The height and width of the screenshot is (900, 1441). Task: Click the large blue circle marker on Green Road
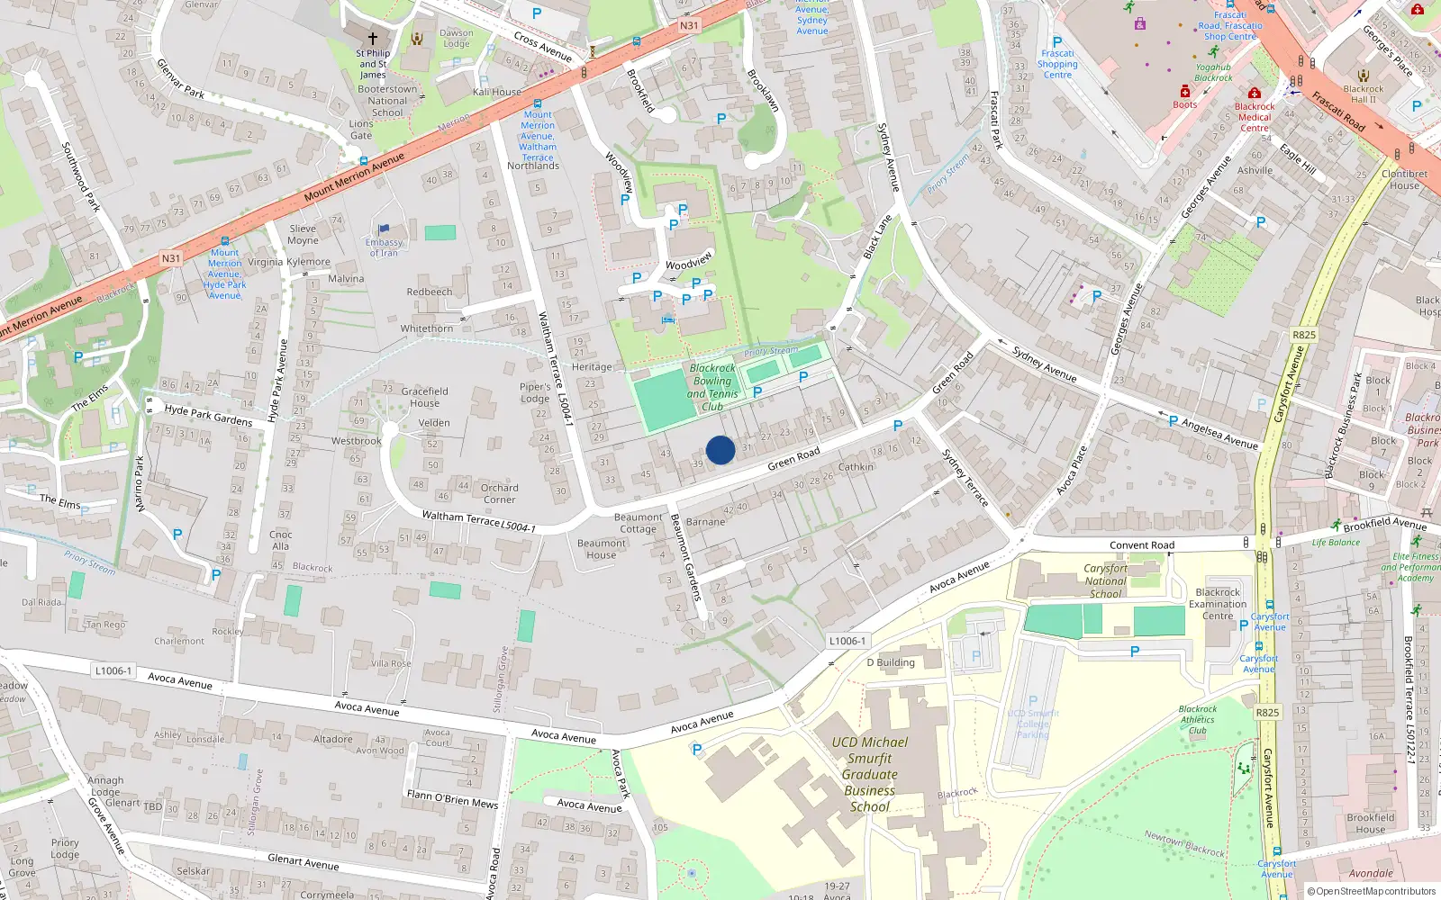click(x=720, y=450)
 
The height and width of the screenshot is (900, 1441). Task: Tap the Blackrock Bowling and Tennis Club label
click(x=712, y=387)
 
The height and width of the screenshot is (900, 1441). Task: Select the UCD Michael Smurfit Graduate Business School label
click(x=869, y=774)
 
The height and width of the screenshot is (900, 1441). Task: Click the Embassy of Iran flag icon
click(x=385, y=230)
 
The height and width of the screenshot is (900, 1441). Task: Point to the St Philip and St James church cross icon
click(x=372, y=39)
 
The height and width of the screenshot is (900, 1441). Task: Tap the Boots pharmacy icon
click(x=1185, y=92)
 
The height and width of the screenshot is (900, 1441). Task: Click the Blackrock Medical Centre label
click(x=1255, y=117)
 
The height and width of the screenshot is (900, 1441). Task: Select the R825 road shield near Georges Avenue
click(x=1304, y=335)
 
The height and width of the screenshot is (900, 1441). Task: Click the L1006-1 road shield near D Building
click(x=847, y=641)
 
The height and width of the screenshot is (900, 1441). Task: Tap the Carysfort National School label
click(x=1105, y=580)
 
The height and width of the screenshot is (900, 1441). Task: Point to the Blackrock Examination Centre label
click(x=1218, y=604)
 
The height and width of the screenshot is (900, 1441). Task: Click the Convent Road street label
click(x=1142, y=545)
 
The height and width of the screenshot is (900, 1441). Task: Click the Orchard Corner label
click(x=499, y=493)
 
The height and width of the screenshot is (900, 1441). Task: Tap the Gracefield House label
click(x=424, y=397)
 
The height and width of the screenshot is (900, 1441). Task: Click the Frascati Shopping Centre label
click(x=1057, y=64)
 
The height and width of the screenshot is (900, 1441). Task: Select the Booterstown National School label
click(x=387, y=101)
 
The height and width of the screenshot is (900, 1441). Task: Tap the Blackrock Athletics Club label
click(x=1197, y=719)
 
